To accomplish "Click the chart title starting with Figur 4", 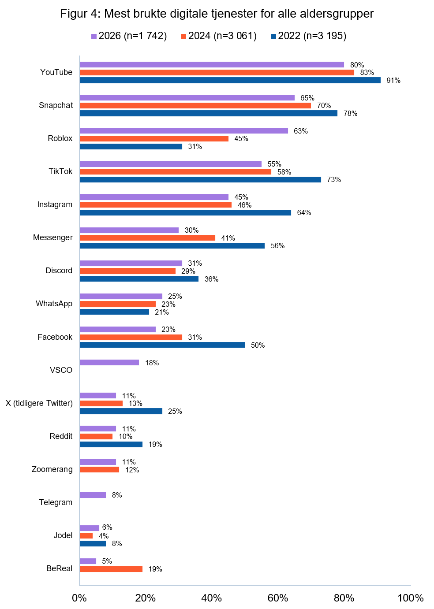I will pos(217,14).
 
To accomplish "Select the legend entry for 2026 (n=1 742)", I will pos(129,36).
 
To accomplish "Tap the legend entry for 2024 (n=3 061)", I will pos(219,36).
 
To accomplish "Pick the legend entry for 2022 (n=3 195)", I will pos(308,36).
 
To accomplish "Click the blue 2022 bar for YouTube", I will pos(230,80).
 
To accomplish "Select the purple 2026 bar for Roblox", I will pos(183,131).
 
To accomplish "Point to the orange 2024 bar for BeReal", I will pos(111,569).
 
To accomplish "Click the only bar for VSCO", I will pos(109,363).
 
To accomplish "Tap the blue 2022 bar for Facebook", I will pos(162,345).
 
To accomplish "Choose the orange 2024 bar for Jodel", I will pos(86,536).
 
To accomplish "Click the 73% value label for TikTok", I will pos(334,180).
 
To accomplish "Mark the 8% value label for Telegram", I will pos(117,495).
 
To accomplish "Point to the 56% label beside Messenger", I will pos(277,246).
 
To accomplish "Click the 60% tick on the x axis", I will pos(278,598).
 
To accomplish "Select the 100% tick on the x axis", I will pos(410,598).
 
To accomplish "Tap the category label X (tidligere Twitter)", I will pos(39,403).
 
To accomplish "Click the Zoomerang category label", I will pos(52,469).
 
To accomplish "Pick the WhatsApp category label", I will pos(54,304).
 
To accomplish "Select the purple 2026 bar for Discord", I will pos(131,264).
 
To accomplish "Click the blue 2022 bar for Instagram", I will pos(185,213).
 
